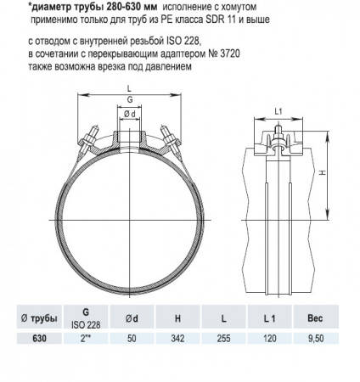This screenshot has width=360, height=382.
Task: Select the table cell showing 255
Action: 222,337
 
